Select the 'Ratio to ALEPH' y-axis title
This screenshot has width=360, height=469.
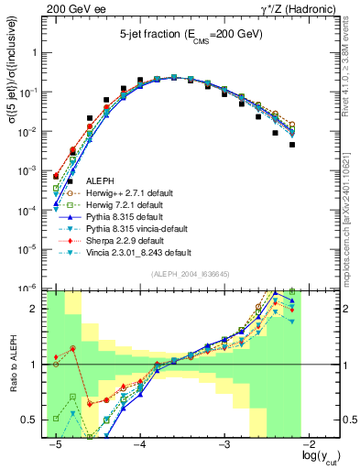11,365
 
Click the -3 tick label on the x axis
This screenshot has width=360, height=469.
225,445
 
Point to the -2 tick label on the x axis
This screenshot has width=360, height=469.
311,445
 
